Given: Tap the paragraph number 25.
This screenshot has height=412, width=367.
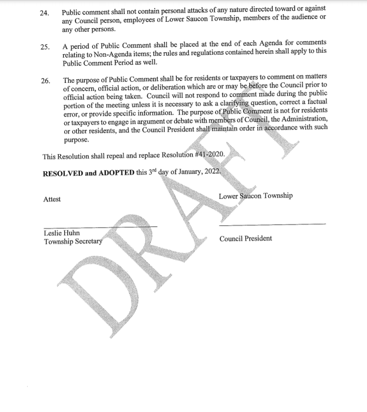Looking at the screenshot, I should [x=44, y=47].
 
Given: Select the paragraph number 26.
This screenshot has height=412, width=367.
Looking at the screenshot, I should [x=44, y=81].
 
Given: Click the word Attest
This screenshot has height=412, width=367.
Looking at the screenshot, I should [x=52, y=199].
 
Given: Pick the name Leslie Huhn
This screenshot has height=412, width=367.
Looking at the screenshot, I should [x=62, y=233].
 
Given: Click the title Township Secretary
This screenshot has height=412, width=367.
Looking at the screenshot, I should [x=73, y=241].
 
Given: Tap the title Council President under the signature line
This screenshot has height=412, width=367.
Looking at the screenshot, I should [x=246, y=238].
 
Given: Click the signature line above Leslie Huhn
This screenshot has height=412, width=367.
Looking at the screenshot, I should [x=100, y=227].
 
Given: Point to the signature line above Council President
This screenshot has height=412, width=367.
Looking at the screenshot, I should [x=272, y=224].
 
